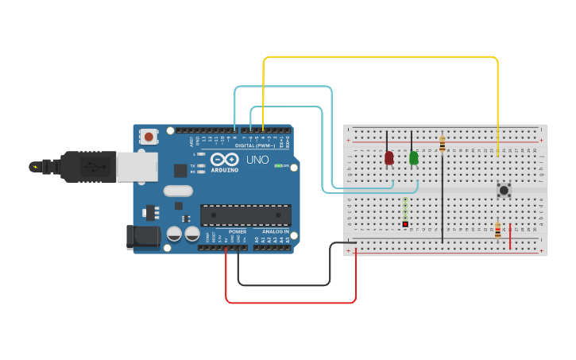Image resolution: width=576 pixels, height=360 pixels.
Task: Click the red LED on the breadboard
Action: point(389,158)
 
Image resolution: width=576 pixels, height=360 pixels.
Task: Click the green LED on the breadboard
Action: point(414,158)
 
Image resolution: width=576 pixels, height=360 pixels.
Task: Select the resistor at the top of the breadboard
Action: point(442,144)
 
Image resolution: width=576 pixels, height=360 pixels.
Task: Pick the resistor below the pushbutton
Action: point(498,230)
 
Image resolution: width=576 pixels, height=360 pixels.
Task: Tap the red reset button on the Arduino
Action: point(149,137)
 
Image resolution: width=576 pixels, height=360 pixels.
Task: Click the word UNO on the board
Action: point(257,160)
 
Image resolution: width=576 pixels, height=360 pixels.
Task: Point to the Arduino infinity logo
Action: point(225,159)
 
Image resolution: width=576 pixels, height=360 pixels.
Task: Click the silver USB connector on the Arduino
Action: point(137,167)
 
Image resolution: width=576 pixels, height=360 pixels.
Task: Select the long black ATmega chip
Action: point(245,215)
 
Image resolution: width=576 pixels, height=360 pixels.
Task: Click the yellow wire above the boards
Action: point(381,57)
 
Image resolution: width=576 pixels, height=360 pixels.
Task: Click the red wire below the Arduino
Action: point(291,303)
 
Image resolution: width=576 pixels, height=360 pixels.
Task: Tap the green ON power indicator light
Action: point(277,165)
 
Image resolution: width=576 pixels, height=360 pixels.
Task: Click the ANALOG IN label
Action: point(276,231)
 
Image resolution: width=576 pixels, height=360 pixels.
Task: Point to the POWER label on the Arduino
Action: point(238,231)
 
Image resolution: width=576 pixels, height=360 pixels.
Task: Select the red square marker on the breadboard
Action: point(405,225)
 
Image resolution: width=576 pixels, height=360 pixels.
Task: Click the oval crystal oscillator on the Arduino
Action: point(179,191)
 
